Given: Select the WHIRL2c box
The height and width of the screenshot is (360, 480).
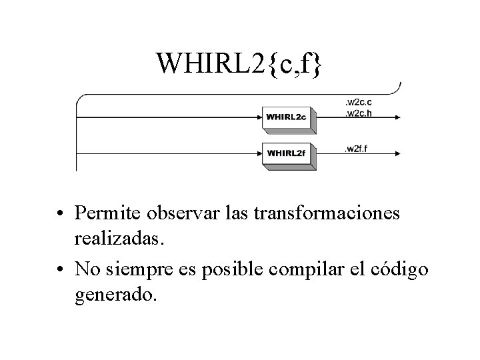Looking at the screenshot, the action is click(286, 117).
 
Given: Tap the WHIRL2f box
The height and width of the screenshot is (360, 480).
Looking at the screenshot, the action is click(286, 153).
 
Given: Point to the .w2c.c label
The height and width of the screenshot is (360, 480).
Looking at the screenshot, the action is click(357, 102).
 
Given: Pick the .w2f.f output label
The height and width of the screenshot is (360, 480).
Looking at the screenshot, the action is click(356, 147).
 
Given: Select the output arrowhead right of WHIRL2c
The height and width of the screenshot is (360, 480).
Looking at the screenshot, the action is click(397, 118).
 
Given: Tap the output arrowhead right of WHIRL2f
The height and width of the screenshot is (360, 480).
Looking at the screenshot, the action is click(397, 154).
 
